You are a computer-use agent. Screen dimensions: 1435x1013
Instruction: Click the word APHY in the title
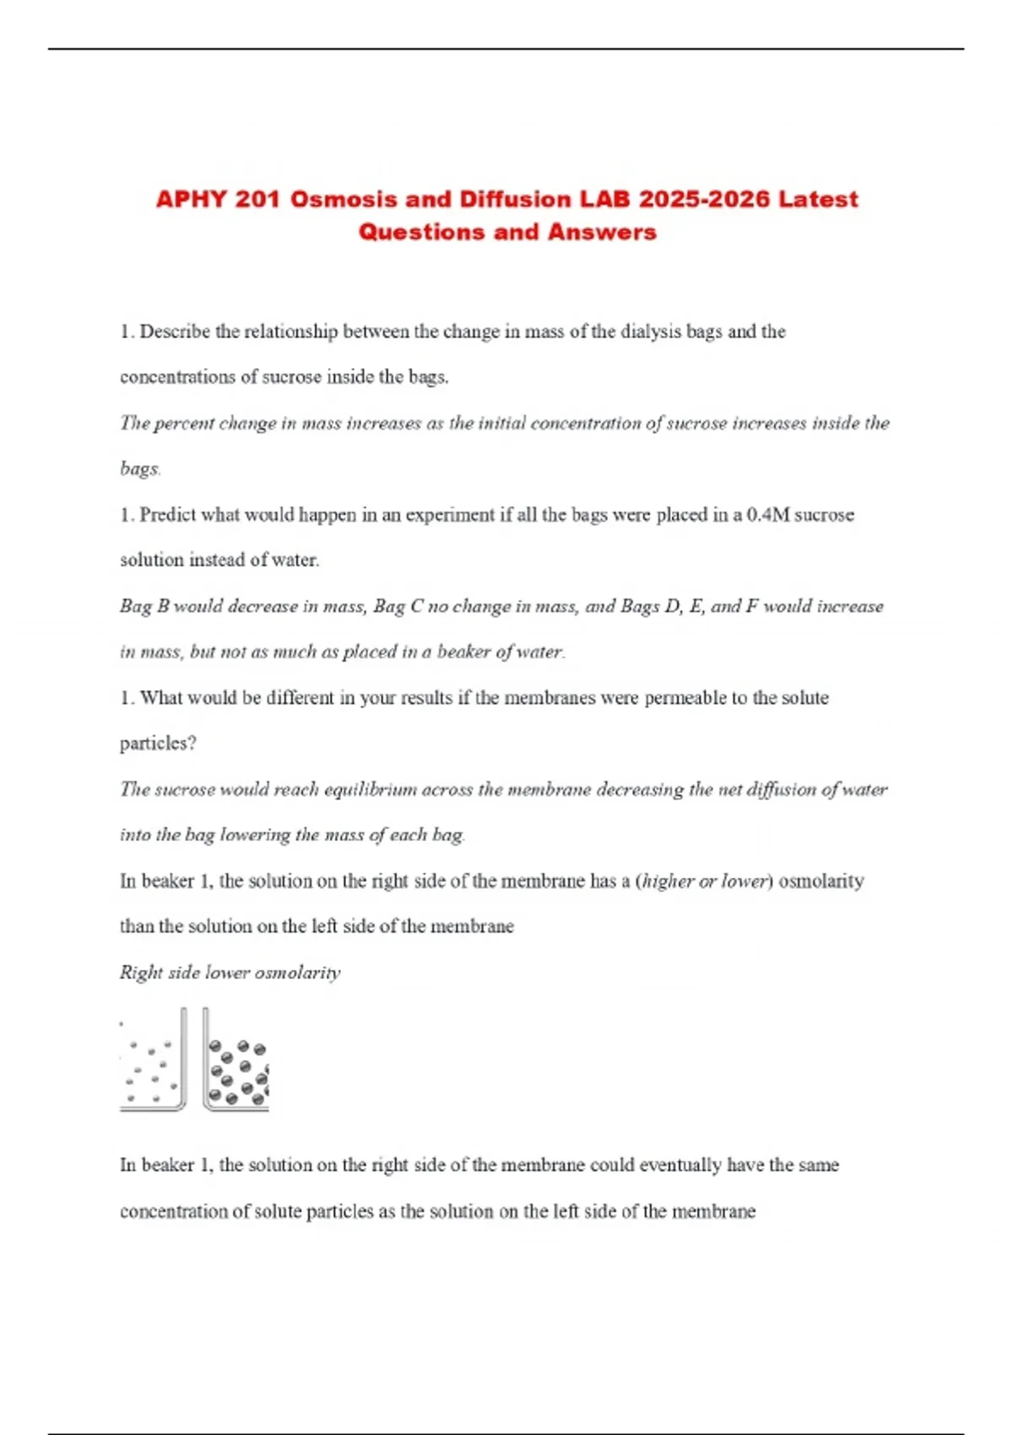(191, 200)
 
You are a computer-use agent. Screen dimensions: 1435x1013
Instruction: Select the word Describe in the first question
(175, 332)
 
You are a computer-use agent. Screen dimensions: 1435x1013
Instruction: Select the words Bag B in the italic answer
(144, 606)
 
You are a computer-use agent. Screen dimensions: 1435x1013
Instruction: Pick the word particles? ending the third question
(158, 744)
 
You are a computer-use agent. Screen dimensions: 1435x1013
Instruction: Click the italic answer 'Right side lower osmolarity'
(230, 972)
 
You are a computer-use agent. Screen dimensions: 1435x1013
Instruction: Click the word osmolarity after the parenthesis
(821, 881)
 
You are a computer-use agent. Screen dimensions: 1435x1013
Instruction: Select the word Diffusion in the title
(515, 200)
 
